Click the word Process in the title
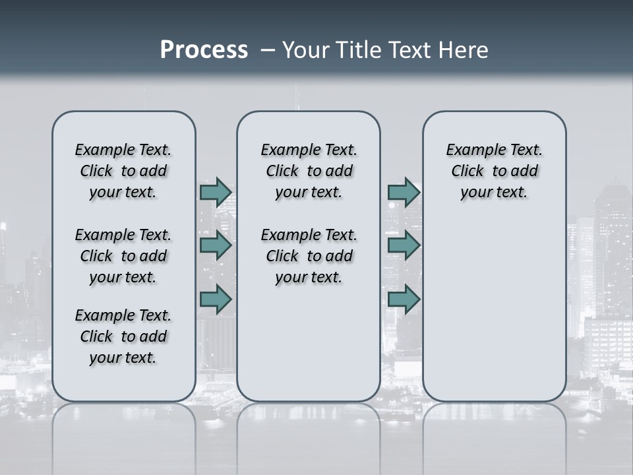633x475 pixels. pyautogui.click(x=203, y=49)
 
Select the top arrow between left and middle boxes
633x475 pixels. pyautogui.click(x=216, y=192)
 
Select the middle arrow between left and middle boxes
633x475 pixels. pyautogui.click(x=216, y=245)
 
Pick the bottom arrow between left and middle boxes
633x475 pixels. pyautogui.click(x=216, y=299)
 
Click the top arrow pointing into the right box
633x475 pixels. pyautogui.click(x=404, y=192)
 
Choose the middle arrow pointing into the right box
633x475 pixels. pyautogui.click(x=404, y=245)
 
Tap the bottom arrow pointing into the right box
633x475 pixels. pyautogui.click(x=404, y=299)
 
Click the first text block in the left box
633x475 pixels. pyautogui.click(x=123, y=171)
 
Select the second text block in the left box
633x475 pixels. pyautogui.click(x=123, y=256)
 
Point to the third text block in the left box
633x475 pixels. pyautogui.click(x=123, y=336)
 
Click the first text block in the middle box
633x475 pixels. pyautogui.click(x=309, y=171)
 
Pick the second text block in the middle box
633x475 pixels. pyautogui.click(x=309, y=256)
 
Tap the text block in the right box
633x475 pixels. pyautogui.click(x=494, y=171)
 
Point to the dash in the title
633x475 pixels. pyautogui.click(x=268, y=50)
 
